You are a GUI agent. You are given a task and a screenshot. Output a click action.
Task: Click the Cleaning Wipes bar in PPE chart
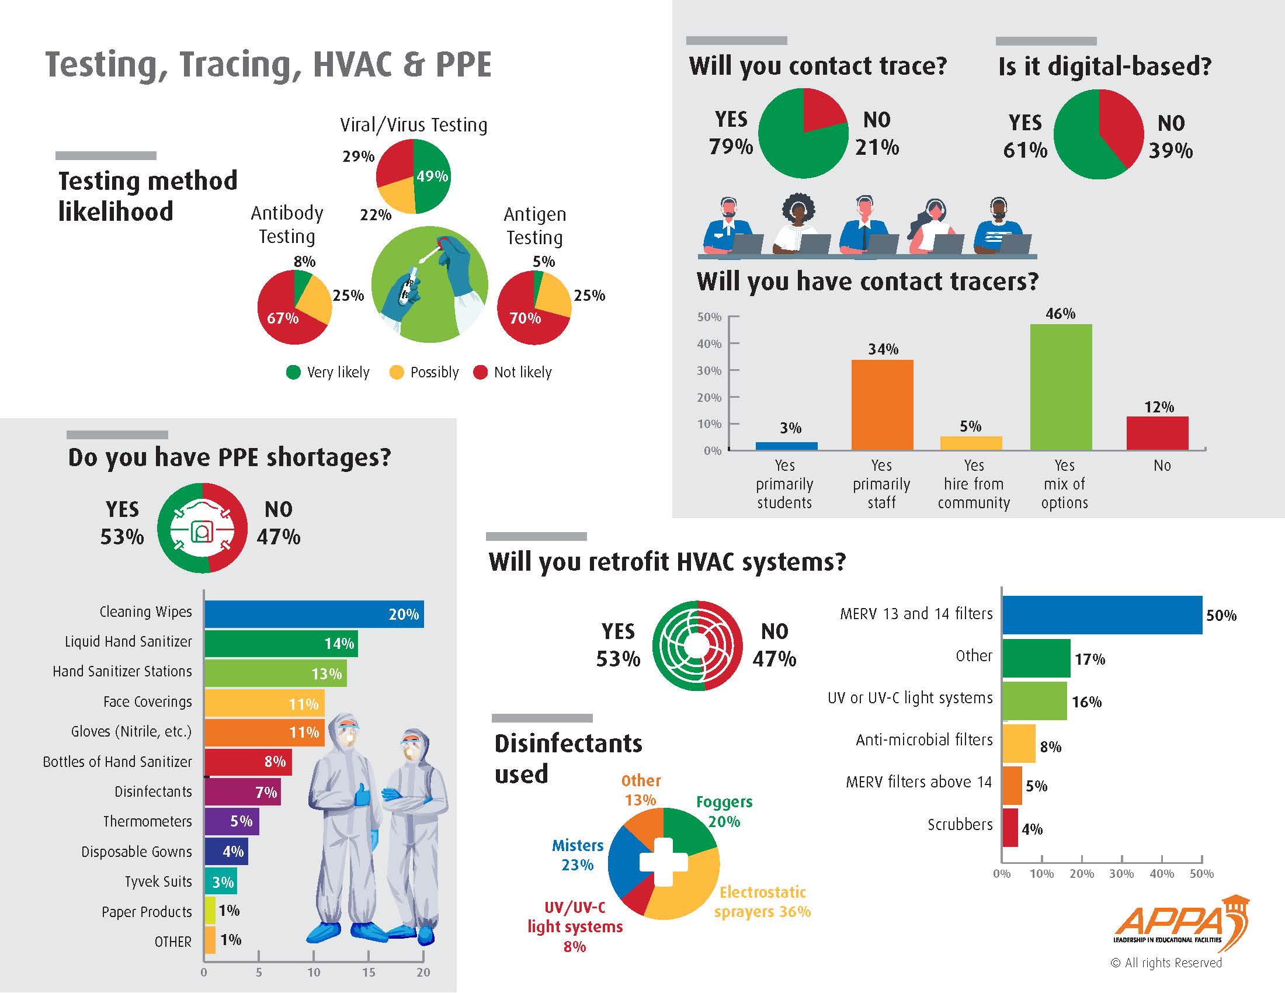(x=314, y=614)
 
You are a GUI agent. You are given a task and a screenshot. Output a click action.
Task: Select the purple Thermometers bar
(x=231, y=821)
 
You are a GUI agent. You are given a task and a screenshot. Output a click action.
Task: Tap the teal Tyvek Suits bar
(x=221, y=882)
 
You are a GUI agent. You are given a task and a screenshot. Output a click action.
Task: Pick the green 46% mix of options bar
(x=1060, y=387)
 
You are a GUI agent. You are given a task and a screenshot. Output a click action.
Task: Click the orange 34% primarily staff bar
(x=882, y=405)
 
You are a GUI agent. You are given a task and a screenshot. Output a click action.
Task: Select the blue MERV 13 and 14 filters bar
(x=1102, y=614)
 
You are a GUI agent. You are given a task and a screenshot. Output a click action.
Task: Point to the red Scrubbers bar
(x=1010, y=828)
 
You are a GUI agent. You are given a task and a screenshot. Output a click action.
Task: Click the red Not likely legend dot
(x=480, y=373)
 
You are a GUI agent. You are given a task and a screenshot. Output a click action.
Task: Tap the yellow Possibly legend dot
(x=397, y=373)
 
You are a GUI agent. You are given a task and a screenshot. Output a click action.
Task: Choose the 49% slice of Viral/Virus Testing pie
(x=432, y=176)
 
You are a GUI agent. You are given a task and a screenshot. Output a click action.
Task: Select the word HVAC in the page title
(x=352, y=65)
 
